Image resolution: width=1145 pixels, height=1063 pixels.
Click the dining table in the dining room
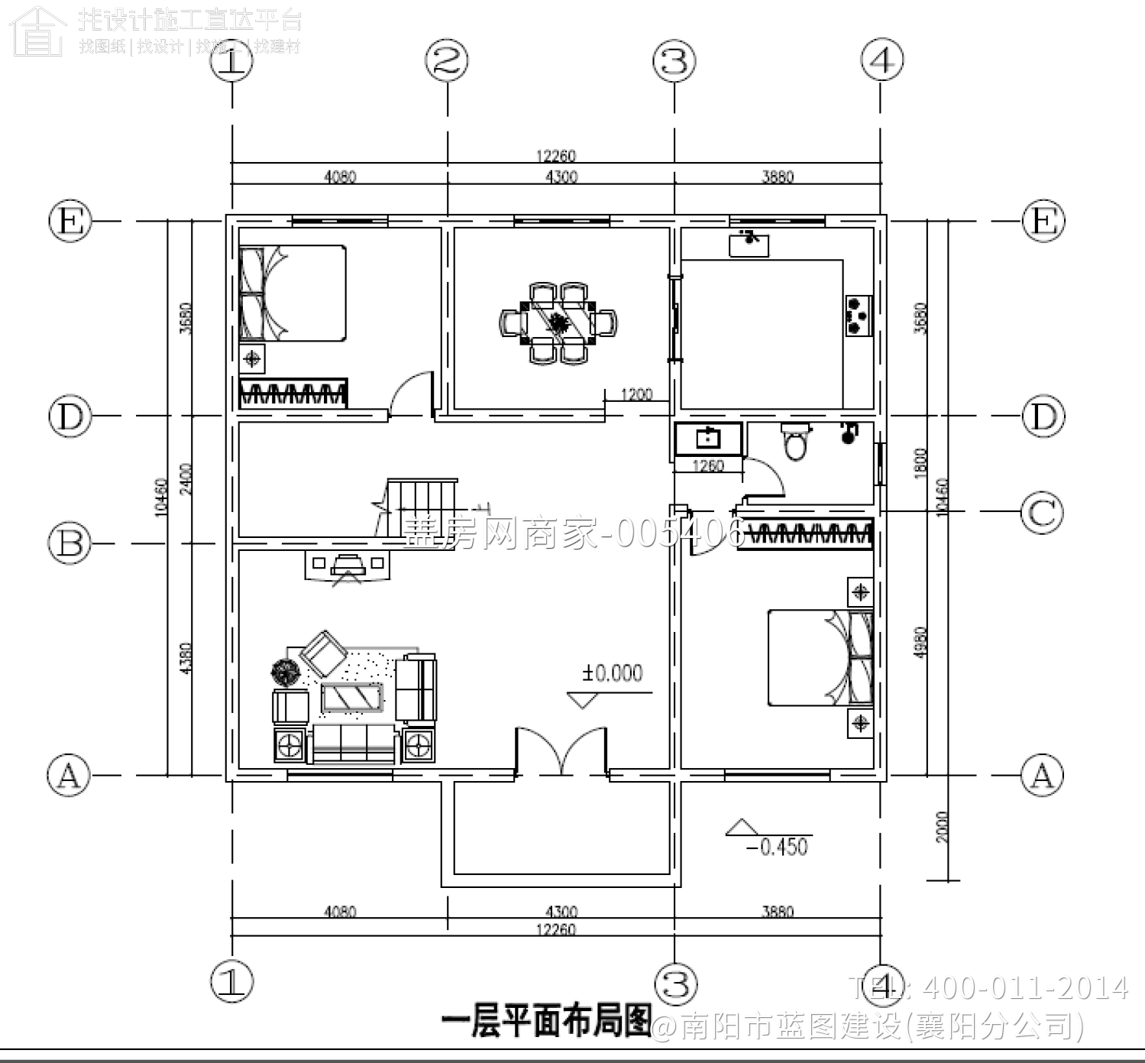coord(560,322)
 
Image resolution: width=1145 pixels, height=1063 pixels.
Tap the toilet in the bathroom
coord(795,442)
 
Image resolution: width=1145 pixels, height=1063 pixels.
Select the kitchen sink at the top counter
coord(749,242)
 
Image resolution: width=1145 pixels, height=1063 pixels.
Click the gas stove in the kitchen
coord(859,316)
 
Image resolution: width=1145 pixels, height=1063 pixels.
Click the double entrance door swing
coord(562,752)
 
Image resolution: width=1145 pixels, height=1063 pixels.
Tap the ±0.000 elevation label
coord(613,673)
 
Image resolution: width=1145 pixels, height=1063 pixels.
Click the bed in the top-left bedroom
coord(293,293)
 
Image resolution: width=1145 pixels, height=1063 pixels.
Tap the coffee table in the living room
coord(352,698)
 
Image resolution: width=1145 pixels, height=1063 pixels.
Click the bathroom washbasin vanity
coord(708,439)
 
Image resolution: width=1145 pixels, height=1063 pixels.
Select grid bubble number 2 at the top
coord(447,61)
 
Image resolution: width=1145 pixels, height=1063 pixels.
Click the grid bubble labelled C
coord(1043,511)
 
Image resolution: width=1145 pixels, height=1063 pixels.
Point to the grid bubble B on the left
coord(70,543)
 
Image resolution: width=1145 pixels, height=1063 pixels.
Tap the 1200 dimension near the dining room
coord(636,395)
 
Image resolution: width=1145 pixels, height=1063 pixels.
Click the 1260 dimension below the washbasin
coord(707,465)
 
